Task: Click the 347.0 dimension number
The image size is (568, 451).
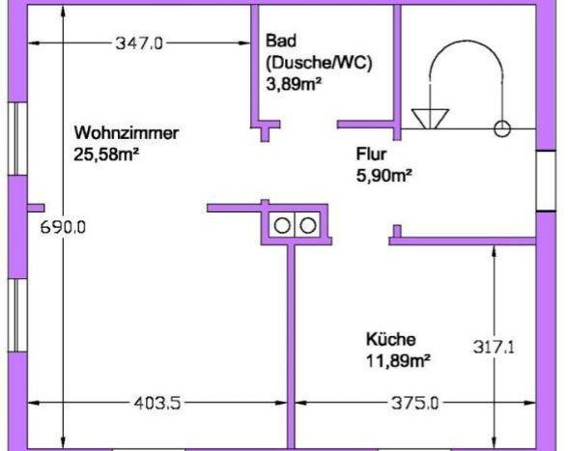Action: (x=139, y=43)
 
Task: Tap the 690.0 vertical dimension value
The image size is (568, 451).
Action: (x=63, y=228)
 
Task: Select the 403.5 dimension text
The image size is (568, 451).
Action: (x=157, y=403)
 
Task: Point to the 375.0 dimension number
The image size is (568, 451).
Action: (x=414, y=403)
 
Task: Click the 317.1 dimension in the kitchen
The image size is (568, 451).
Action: (x=494, y=348)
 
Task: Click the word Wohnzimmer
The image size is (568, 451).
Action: (x=126, y=132)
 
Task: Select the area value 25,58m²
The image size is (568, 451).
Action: (x=106, y=155)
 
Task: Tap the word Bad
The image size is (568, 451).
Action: (x=281, y=41)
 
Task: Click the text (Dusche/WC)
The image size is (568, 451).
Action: (x=319, y=63)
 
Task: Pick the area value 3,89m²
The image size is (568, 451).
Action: (x=294, y=84)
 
